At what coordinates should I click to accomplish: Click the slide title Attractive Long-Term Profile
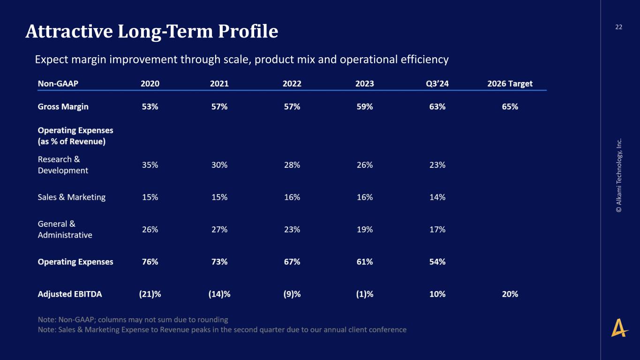152,31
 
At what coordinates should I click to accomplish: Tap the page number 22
618,27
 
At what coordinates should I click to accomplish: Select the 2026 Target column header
510,83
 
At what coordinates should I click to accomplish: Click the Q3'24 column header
437,83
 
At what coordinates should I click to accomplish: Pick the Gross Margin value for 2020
150,106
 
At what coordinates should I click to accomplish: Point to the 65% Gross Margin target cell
510,106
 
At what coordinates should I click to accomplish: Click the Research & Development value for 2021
219,165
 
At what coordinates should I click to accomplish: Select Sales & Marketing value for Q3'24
437,197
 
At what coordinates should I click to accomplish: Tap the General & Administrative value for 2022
292,229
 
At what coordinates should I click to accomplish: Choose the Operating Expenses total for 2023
365,262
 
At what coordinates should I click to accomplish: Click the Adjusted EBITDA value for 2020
150,294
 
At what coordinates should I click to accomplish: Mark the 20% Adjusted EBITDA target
510,294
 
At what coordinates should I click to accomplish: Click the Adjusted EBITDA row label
70,294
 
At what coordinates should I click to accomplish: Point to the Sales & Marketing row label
71,197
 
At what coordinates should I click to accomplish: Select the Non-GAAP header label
58,83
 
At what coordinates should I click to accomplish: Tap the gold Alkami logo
619,328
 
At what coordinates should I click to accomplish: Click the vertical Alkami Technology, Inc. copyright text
619,175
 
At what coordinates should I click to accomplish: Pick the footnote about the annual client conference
222,330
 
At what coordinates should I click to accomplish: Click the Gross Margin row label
63,106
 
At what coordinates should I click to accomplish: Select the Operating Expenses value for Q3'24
437,262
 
